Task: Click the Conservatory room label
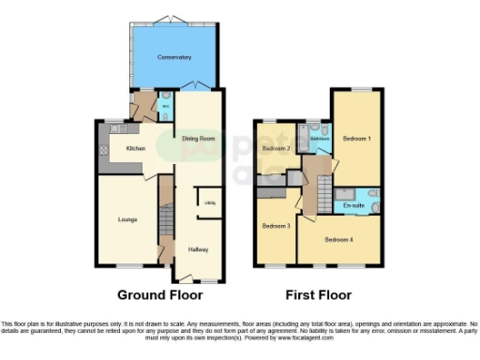[x=176, y=57]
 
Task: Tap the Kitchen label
[x=136, y=149]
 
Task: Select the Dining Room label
[x=199, y=139]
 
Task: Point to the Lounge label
[x=127, y=220]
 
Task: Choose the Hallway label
[x=198, y=249]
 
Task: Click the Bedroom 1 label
[x=356, y=139]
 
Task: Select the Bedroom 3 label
[x=276, y=226]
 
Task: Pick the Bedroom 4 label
[x=339, y=240]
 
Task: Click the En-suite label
[x=354, y=203]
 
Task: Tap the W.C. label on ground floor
[x=166, y=106]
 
